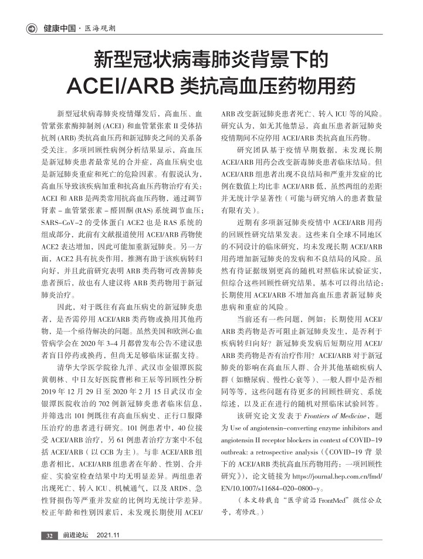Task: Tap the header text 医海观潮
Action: coord(100,28)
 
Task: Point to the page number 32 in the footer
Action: coord(49,535)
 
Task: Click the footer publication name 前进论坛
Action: coord(76,535)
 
